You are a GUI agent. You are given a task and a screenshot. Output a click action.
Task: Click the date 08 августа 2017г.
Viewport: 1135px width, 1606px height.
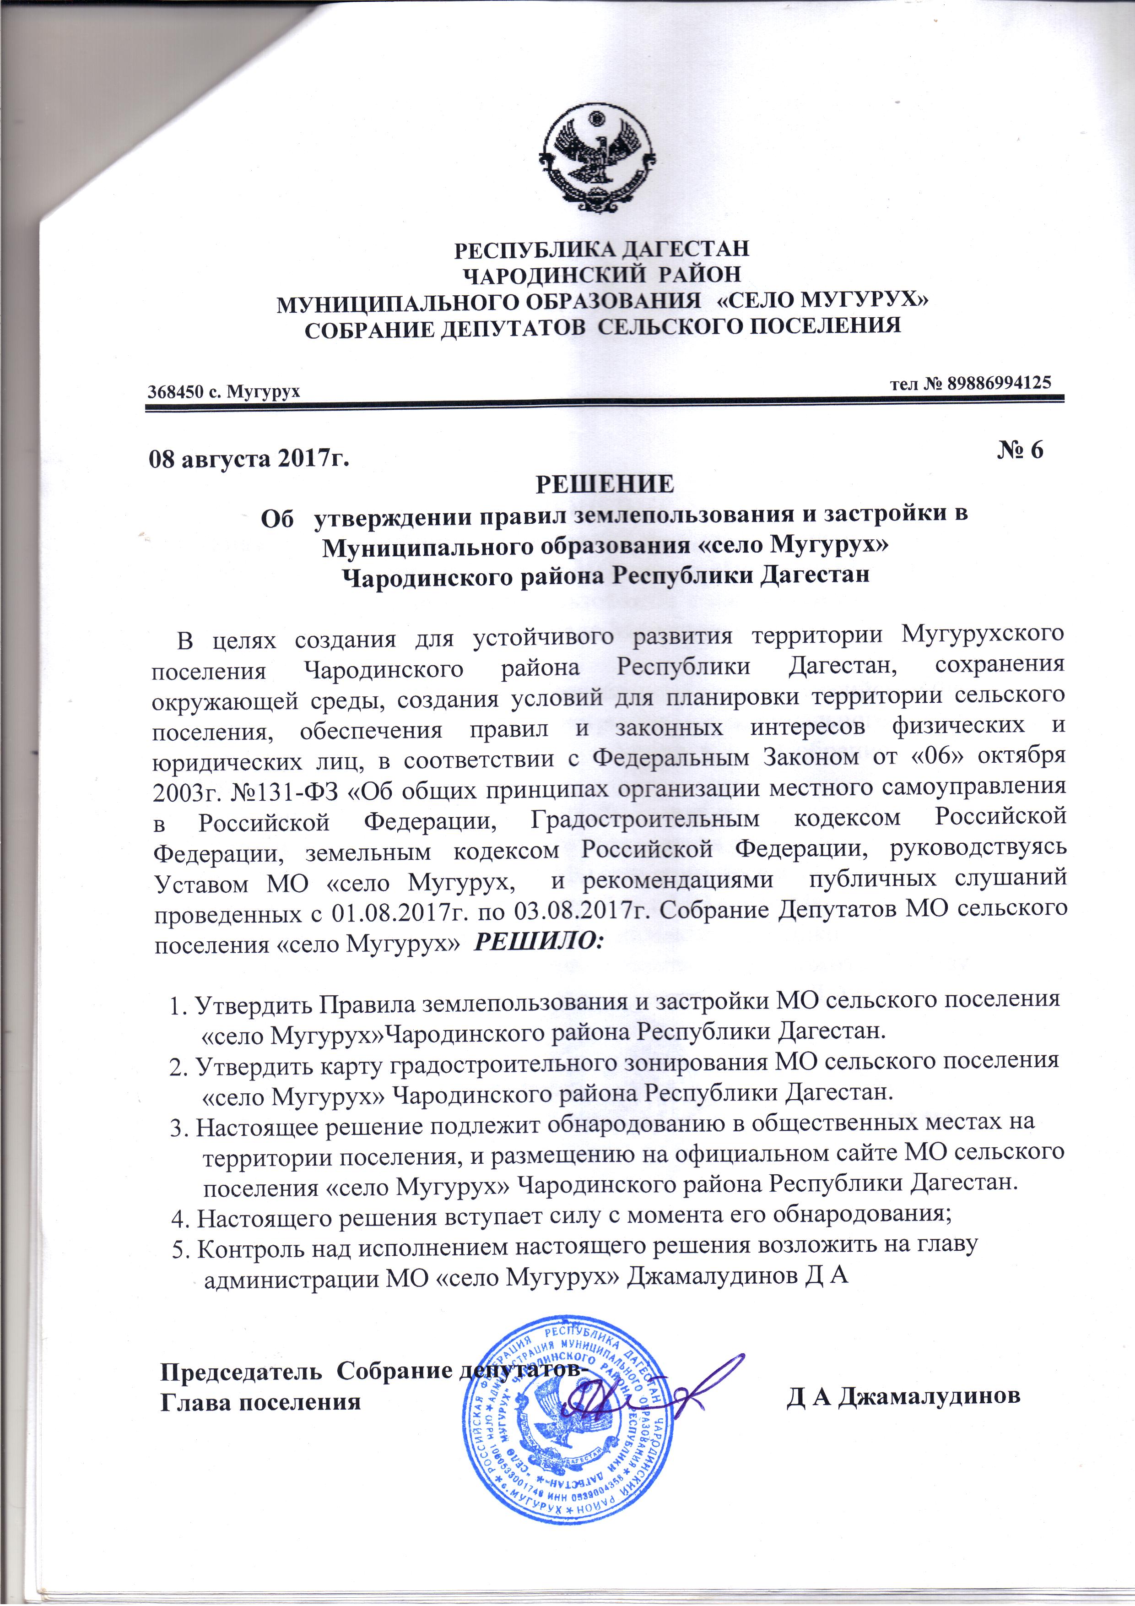[248, 458]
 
